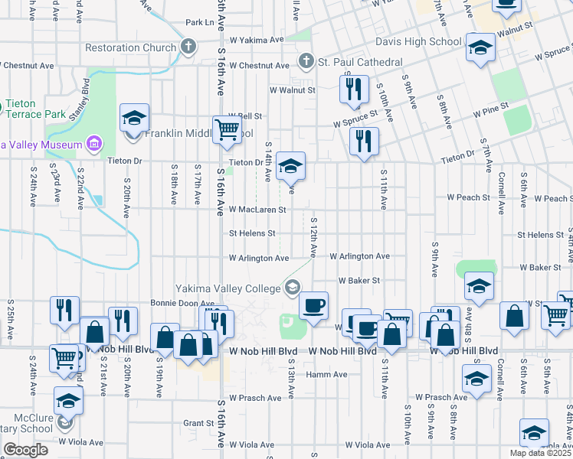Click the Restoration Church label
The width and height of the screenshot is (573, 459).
click(x=131, y=47)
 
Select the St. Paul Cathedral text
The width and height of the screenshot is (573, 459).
click(x=360, y=61)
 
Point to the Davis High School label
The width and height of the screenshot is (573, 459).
click(x=418, y=42)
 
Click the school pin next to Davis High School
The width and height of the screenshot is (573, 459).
click(x=480, y=48)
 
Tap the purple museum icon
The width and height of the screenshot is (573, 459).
click(x=94, y=144)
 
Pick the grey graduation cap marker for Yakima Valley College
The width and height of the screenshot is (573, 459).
click(x=292, y=288)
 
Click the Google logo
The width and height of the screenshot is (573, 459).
click(x=25, y=450)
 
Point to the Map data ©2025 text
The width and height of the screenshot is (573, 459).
click(x=540, y=453)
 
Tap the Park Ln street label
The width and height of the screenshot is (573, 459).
click(x=199, y=22)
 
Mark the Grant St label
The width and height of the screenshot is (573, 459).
click(x=198, y=422)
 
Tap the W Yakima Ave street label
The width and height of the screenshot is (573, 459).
click(x=257, y=39)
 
